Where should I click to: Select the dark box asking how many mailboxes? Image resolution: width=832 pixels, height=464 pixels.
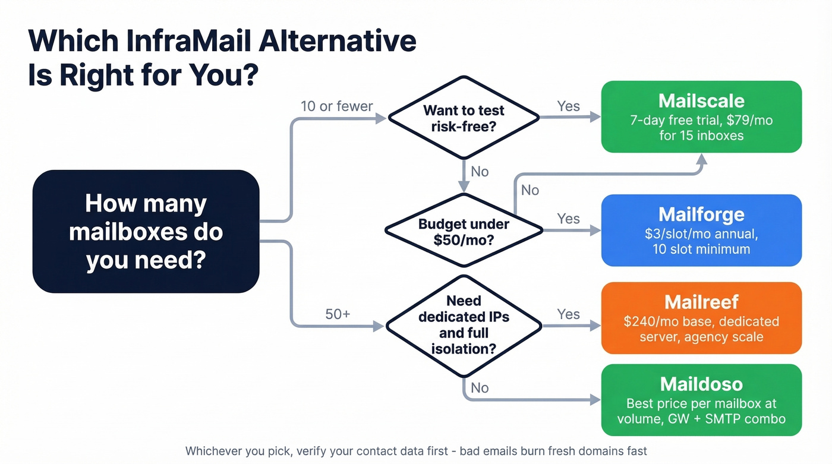(146, 231)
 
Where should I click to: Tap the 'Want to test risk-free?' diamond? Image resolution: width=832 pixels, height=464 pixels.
(464, 118)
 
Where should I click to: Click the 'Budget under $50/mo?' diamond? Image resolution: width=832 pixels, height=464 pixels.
(464, 232)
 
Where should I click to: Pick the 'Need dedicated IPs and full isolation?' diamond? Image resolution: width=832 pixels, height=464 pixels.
(464, 325)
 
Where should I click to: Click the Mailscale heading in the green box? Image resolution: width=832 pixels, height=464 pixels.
(701, 100)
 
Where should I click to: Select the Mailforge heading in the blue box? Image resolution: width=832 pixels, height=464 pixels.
(701, 214)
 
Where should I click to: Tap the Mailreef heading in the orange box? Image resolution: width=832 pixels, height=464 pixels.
(701, 302)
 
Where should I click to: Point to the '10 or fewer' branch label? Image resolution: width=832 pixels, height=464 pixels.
(336, 106)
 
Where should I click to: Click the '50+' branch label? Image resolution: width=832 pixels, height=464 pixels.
(338, 314)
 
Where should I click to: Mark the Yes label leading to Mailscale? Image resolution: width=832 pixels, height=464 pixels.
(568, 106)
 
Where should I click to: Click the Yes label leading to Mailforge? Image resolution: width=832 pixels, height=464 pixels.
(568, 219)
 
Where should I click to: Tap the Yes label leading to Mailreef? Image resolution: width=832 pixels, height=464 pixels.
(568, 314)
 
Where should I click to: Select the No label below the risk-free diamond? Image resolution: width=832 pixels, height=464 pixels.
(480, 172)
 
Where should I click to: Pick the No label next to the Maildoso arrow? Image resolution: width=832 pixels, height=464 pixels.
(480, 388)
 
